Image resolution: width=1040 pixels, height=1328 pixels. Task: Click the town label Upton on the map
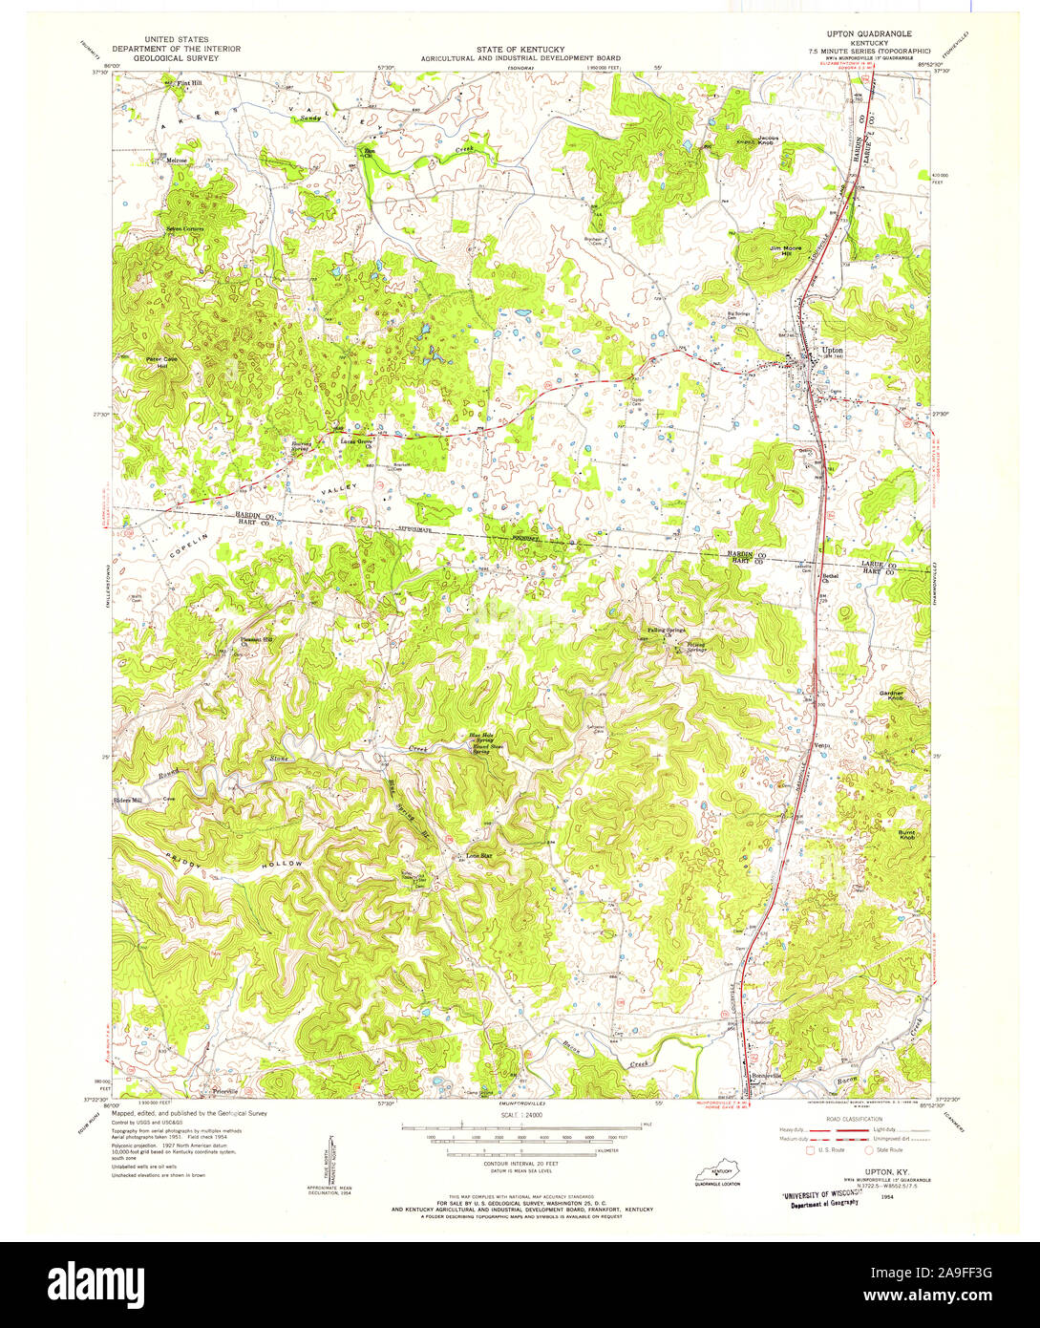[833, 350]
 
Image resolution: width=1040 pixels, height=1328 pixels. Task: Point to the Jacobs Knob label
[769, 139]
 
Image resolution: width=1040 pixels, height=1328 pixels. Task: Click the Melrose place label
[177, 160]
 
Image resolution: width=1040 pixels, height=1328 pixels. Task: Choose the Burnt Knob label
[906, 834]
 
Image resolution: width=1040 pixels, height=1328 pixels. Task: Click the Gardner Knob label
[891, 696]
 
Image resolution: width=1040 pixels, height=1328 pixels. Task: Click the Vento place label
[823, 744]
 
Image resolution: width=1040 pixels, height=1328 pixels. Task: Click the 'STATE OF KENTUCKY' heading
[520, 49]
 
